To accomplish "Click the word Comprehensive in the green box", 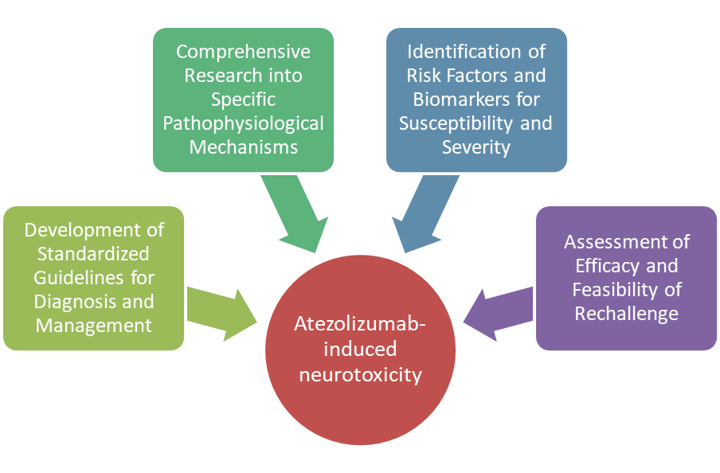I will tap(243, 52).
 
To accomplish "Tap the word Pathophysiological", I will tap(243, 123).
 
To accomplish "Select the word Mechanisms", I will tap(243, 147).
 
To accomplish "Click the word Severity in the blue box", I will tap(476, 147).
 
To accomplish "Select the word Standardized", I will tap(94, 254).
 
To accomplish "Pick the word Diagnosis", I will tap(76, 302).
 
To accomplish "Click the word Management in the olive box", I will tap(94, 325).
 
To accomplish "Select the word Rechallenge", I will tap(626, 313).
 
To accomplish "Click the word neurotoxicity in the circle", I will tap(360, 373).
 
